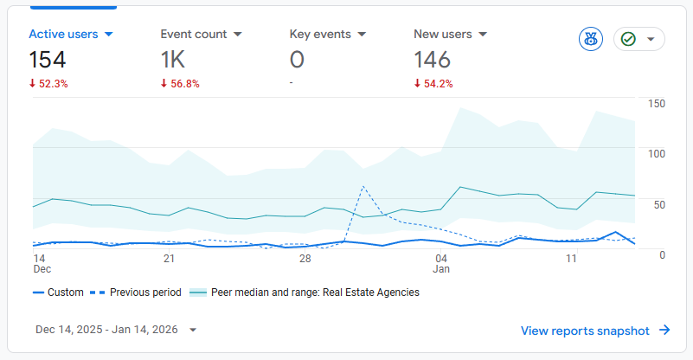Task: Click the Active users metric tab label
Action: coord(63,35)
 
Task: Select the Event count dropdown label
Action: coord(194,35)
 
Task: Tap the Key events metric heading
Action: coord(320,35)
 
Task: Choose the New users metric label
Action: coord(443,35)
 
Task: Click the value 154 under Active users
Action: coord(48,60)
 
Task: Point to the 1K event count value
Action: coord(173,60)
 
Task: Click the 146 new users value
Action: coord(433,60)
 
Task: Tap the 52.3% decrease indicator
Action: coord(48,84)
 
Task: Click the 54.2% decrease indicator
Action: coord(433,84)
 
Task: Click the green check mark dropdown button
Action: coord(639,39)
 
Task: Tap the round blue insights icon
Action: coord(591,39)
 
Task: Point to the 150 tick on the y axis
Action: coord(656,104)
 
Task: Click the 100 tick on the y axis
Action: coord(656,153)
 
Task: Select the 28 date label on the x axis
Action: coord(305,259)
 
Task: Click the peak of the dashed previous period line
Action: coord(363,186)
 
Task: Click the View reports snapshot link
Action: coord(595,330)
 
